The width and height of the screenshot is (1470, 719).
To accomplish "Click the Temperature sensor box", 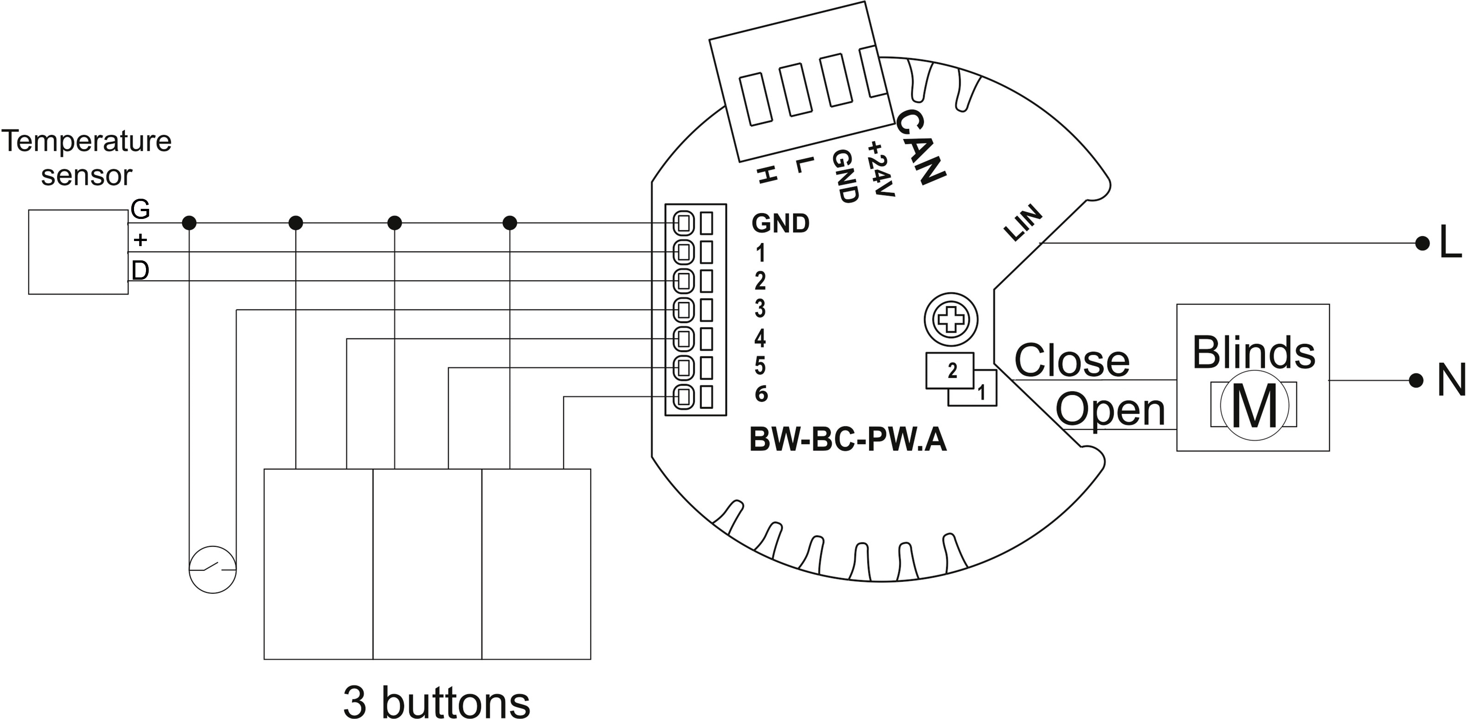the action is (78, 252).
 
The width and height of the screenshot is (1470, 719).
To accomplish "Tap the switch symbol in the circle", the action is (213, 569).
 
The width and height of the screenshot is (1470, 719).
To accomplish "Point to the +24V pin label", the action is (880, 169).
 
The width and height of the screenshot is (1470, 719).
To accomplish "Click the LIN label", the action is (1023, 223).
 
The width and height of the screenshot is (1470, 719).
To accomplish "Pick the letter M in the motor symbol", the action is (1254, 406).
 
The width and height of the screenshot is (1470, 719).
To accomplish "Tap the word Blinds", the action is (1254, 352).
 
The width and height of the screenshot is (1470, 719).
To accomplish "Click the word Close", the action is (1072, 360).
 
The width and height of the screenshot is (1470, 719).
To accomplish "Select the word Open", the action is (1110, 409).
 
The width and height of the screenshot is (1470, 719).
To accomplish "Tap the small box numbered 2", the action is (950, 371).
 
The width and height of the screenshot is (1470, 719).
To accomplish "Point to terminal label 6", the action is (761, 393).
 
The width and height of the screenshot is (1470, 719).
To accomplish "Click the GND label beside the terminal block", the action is (781, 224).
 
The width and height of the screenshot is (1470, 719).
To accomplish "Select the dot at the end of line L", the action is (1423, 243).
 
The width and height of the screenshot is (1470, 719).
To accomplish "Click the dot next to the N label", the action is (1416, 380).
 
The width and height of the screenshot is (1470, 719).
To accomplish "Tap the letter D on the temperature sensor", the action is (140, 270).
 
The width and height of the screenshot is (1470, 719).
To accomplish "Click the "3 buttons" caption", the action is (437, 702).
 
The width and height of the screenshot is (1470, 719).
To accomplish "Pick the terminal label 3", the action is (760, 309).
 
